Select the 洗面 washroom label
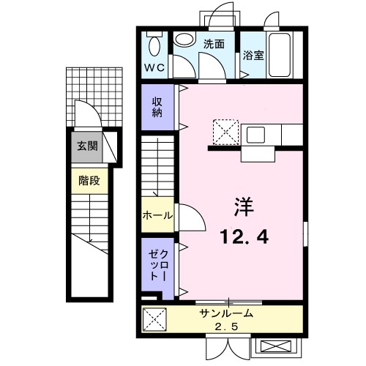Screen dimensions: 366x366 pos(213,43)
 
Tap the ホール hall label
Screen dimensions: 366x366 pos(157,215)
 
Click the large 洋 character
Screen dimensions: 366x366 pos(244,207)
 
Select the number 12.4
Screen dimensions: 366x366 pos(244,236)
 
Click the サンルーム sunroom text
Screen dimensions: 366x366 pos(225,313)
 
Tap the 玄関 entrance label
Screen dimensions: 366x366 pos(87,146)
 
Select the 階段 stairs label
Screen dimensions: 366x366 pos(89,180)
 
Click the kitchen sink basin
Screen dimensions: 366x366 pos(256,135)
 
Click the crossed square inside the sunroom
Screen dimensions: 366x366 pos(154,319)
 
